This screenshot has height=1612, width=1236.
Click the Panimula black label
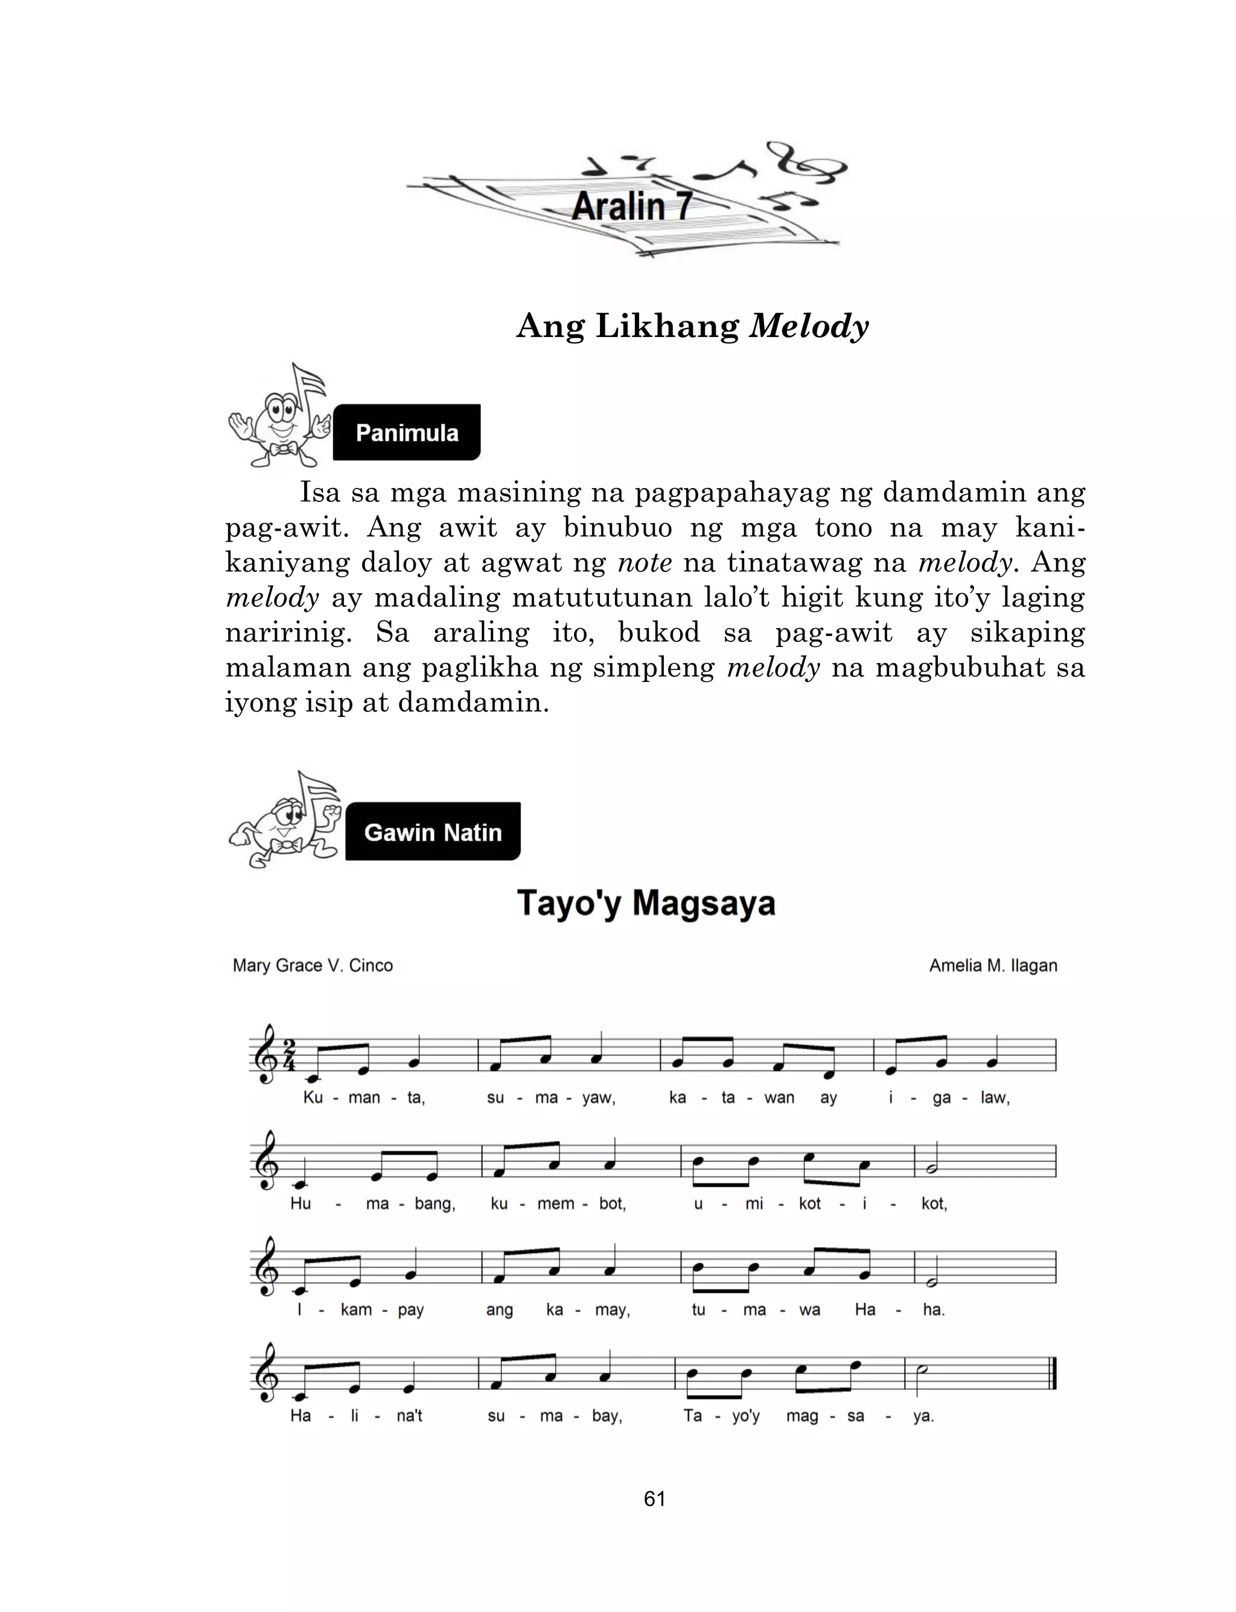[x=407, y=433]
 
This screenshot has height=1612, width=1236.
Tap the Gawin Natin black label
[x=433, y=832]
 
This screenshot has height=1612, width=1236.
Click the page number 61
[x=654, y=1498]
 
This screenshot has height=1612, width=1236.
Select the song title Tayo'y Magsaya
[x=646, y=903]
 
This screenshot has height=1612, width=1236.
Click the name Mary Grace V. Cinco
[x=313, y=965]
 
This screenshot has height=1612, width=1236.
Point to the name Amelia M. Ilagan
[x=992, y=965]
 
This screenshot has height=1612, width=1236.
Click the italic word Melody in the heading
[x=808, y=326]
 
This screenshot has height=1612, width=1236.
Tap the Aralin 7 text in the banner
[x=631, y=206]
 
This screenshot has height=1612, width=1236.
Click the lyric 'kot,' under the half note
[x=934, y=1204]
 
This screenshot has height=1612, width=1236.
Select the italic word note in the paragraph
[x=645, y=563]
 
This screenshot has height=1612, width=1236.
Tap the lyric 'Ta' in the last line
[x=692, y=1416]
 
